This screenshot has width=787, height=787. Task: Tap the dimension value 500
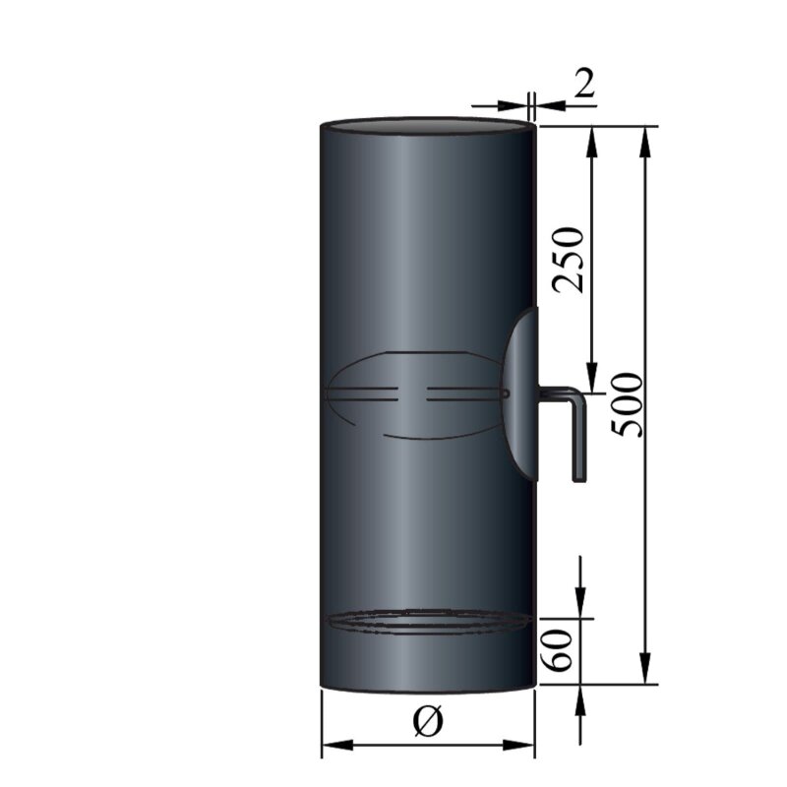click(626, 403)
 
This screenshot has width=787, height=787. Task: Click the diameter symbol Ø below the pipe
click(428, 722)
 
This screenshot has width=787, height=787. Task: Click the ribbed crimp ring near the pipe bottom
click(428, 622)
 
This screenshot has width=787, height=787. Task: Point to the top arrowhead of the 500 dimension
click(646, 138)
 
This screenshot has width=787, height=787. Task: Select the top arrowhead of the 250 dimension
click(592, 138)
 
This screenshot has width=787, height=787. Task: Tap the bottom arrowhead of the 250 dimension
click(592, 380)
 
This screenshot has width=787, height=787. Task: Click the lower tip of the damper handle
click(578, 478)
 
